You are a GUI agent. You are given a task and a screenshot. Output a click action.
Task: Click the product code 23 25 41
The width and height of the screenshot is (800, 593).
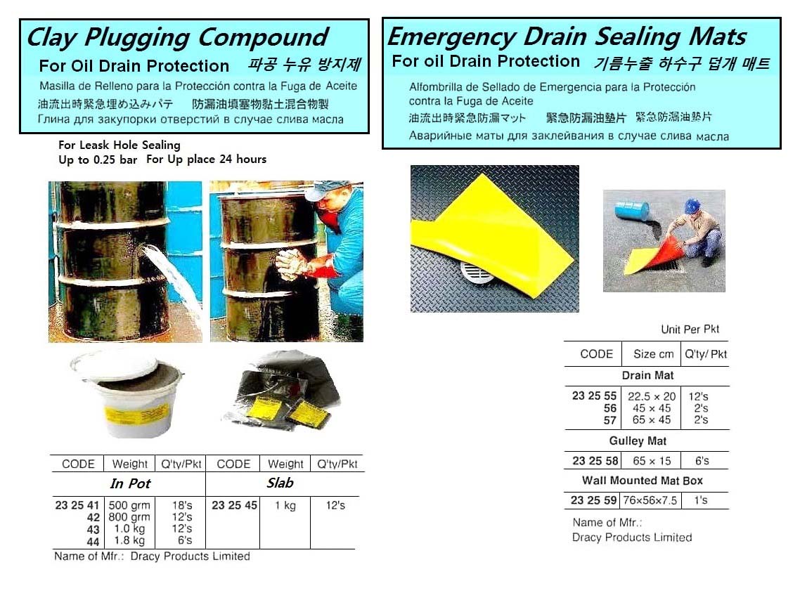[x=77, y=504]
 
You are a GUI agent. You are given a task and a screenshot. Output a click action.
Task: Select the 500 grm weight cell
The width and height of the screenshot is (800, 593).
[x=129, y=505]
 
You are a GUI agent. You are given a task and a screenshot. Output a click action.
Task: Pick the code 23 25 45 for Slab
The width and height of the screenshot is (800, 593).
[x=234, y=504]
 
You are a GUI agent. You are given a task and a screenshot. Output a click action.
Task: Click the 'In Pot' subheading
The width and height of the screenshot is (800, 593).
[x=130, y=483]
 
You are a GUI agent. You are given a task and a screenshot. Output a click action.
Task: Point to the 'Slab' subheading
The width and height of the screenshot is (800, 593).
[x=280, y=483]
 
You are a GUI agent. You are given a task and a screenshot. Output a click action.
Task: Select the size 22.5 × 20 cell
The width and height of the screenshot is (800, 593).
[x=652, y=396]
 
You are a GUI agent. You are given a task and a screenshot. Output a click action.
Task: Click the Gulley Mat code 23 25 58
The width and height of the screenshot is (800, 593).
[x=595, y=460]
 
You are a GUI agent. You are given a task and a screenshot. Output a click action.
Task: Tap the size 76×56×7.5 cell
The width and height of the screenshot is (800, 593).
[x=650, y=500]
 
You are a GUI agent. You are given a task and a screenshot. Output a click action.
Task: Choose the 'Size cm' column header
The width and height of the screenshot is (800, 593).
[x=654, y=354]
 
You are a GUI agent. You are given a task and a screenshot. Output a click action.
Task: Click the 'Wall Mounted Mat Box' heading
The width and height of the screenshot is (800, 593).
[x=643, y=481]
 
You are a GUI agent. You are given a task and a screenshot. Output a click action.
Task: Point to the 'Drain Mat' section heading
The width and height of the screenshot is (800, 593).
[x=647, y=375]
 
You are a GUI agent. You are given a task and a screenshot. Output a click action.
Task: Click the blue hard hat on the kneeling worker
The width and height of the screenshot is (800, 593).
[x=691, y=206]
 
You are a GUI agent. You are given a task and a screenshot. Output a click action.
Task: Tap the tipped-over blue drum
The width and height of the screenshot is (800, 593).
[x=631, y=211]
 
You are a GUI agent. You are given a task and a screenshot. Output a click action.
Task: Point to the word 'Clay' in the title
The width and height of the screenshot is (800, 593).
[x=52, y=38]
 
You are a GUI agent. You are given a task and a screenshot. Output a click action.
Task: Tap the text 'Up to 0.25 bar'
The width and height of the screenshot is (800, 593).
[x=98, y=159]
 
